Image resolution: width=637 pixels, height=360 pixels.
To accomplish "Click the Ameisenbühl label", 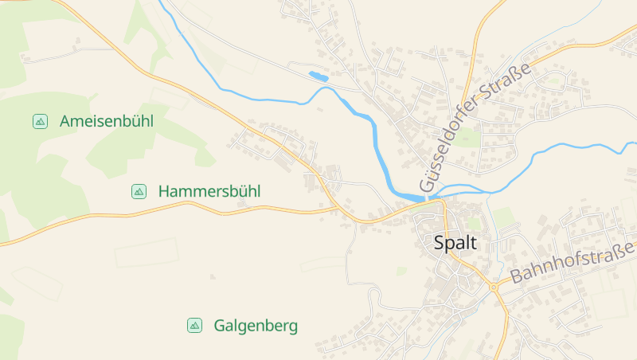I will tap(106, 121).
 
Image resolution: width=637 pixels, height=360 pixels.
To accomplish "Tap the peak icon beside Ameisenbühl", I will tap(40, 121).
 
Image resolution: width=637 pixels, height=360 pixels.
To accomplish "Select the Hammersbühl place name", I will tap(209, 191).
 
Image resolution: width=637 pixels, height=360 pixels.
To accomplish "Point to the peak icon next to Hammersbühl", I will tap(139, 191).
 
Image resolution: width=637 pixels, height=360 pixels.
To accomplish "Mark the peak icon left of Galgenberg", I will tap(194, 326).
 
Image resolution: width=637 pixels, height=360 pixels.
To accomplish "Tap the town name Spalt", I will tap(455, 244).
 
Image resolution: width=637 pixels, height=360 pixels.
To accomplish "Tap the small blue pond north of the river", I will tap(318, 77).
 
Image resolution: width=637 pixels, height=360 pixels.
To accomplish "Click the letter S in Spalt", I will tap(440, 244).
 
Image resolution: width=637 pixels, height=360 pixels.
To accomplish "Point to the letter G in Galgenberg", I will tap(219, 326).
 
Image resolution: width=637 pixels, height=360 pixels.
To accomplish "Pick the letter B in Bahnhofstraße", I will tap(515, 279).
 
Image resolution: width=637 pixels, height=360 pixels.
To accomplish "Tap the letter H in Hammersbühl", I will tap(164, 191).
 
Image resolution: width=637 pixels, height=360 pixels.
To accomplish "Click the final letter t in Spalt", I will tap(474, 244).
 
